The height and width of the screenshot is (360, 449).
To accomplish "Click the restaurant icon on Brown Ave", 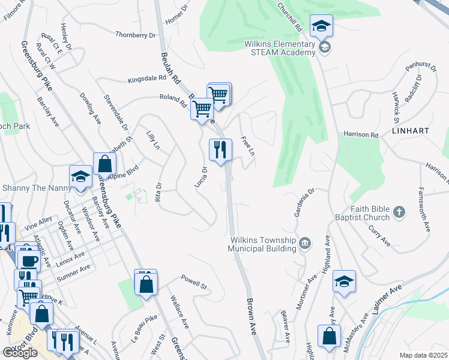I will (x=220, y=149).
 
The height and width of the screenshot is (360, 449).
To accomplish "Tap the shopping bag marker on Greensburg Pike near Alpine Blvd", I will (x=104, y=163).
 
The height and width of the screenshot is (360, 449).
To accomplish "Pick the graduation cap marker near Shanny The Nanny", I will (x=80, y=176).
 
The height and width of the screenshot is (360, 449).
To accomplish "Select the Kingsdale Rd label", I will (x=146, y=79).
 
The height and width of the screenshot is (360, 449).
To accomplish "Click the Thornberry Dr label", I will (x=135, y=35).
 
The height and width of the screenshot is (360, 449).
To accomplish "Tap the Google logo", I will (x=20, y=353).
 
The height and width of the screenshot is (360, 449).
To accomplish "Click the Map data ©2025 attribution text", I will (x=423, y=355).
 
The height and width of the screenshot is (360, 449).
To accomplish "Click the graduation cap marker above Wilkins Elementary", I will (x=322, y=26).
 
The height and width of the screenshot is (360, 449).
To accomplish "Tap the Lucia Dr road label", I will (x=201, y=177).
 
